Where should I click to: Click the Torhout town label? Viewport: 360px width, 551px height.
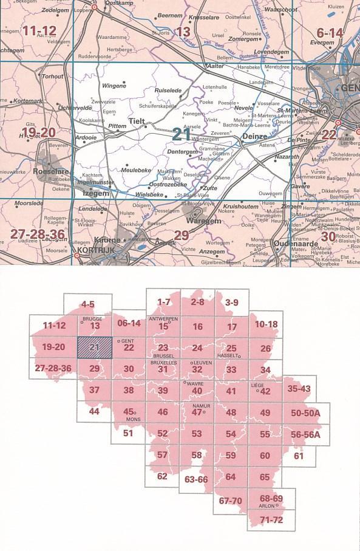tap(52, 77)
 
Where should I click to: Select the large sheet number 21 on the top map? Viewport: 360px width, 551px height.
tap(182, 133)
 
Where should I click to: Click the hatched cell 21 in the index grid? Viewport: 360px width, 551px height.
tap(94, 348)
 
